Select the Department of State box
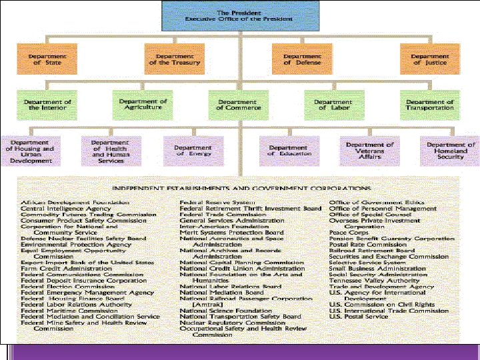pos(47,59)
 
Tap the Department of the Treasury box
pos(175,59)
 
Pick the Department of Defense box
pos(301,59)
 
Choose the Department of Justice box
pos(429,59)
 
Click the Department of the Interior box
pos(47,105)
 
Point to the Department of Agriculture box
pos(143,105)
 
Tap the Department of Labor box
pos(333,105)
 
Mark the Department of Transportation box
pos(429,105)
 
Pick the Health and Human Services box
pos(110,151)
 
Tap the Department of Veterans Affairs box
pos(370,151)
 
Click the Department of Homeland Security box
pos(451,151)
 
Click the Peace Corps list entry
pos(345,233)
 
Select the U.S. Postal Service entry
pos(358,317)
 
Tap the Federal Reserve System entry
pos(217,203)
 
